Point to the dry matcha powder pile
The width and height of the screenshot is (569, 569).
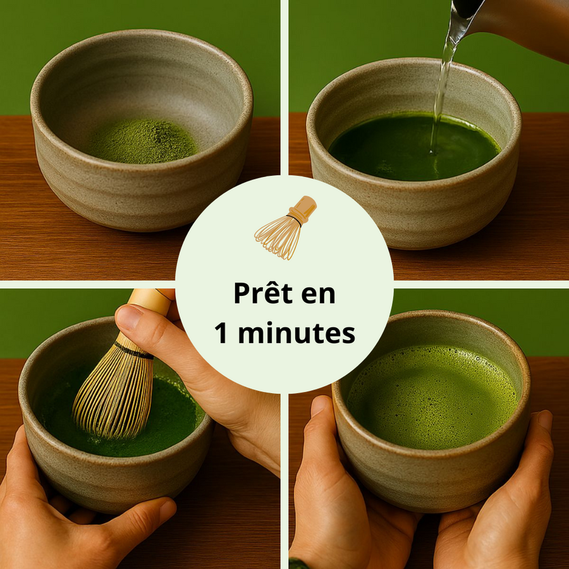coord(142,140)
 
